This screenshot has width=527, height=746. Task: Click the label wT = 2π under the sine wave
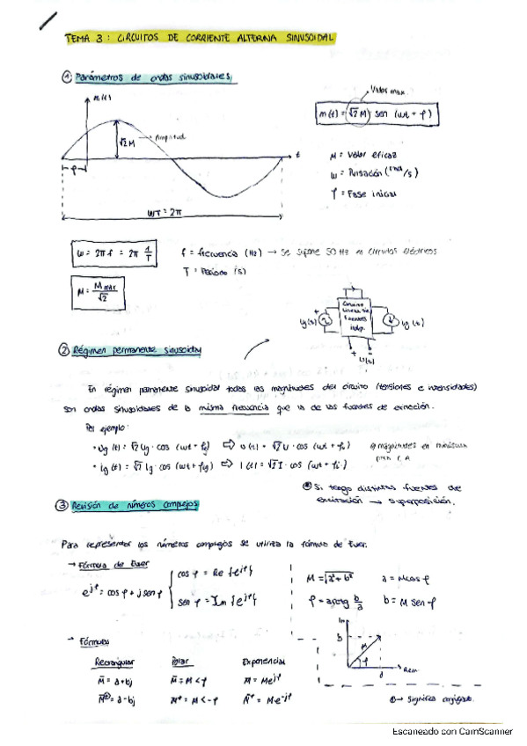point(162,211)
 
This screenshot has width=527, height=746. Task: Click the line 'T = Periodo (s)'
point(211,272)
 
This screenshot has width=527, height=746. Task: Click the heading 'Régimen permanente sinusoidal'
point(136,350)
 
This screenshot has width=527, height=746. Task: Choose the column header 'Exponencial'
point(261,660)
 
